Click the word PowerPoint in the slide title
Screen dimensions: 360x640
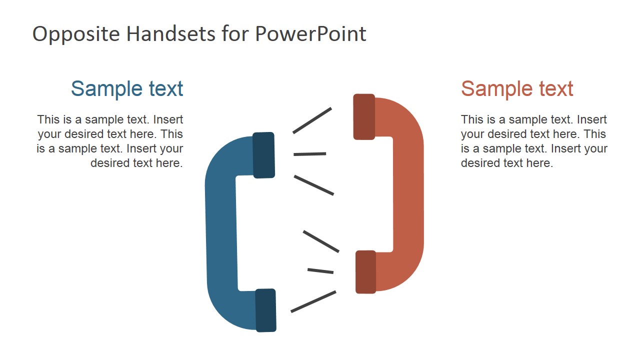tap(310, 34)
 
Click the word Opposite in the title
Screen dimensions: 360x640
tap(76, 34)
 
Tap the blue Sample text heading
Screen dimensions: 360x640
tap(127, 88)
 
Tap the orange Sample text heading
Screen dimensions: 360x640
tap(517, 88)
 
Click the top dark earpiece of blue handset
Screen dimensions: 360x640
tap(263, 155)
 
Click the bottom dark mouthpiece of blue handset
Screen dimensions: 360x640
tap(265, 310)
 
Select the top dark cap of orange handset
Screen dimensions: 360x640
tap(364, 116)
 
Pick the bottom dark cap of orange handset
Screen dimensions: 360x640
tap(365, 271)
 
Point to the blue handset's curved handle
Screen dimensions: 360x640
tap(220, 235)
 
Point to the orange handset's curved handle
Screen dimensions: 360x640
tap(409, 195)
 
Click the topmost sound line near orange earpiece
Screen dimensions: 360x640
tap(312, 120)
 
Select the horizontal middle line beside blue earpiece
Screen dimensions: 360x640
tap(310, 154)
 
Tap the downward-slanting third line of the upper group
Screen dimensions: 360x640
tap(313, 185)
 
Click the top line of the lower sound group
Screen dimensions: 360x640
tap(321, 241)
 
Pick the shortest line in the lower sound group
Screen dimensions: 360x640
tap(320, 271)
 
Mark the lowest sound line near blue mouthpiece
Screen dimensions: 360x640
tap(313, 301)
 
